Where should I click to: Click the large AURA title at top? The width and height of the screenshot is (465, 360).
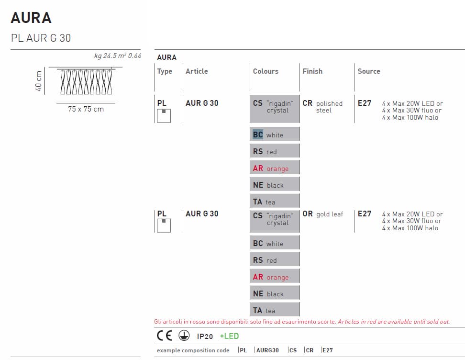tap(31, 18)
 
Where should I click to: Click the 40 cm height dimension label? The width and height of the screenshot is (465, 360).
tap(39, 81)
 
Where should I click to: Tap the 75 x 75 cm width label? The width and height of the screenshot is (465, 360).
tap(86, 109)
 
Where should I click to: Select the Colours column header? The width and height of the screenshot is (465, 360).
tap(266, 71)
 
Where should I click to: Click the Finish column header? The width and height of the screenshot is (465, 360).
tap(312, 71)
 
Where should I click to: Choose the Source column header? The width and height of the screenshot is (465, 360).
tap(369, 71)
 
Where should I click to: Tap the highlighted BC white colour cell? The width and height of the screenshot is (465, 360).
tap(275, 134)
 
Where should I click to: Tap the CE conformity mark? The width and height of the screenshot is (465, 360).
tap(164, 336)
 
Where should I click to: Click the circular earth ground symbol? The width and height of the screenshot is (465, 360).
tap(184, 336)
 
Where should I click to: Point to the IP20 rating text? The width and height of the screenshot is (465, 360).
tap(205, 336)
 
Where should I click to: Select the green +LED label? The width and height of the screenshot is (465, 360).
tap(229, 336)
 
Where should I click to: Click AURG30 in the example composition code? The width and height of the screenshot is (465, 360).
tap(267, 350)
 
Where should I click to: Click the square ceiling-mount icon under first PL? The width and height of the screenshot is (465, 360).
tap(164, 116)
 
